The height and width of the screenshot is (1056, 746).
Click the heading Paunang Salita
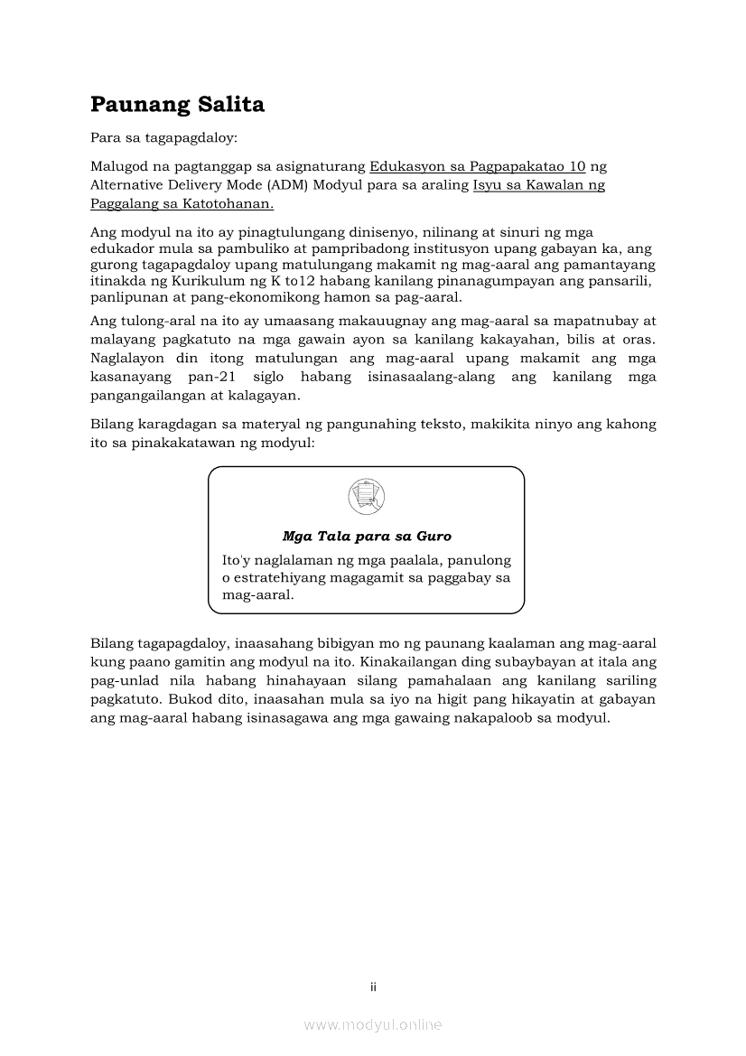tap(177, 105)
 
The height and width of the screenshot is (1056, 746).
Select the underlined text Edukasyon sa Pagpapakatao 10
tap(478, 166)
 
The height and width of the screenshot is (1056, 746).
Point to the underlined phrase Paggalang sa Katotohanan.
tap(169, 204)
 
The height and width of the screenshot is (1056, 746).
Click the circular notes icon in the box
tap(366, 496)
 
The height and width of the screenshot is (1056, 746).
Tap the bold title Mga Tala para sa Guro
tap(367, 537)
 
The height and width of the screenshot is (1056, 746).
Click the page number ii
tap(373, 987)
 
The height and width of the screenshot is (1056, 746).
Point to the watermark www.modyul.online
tap(373, 1024)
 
